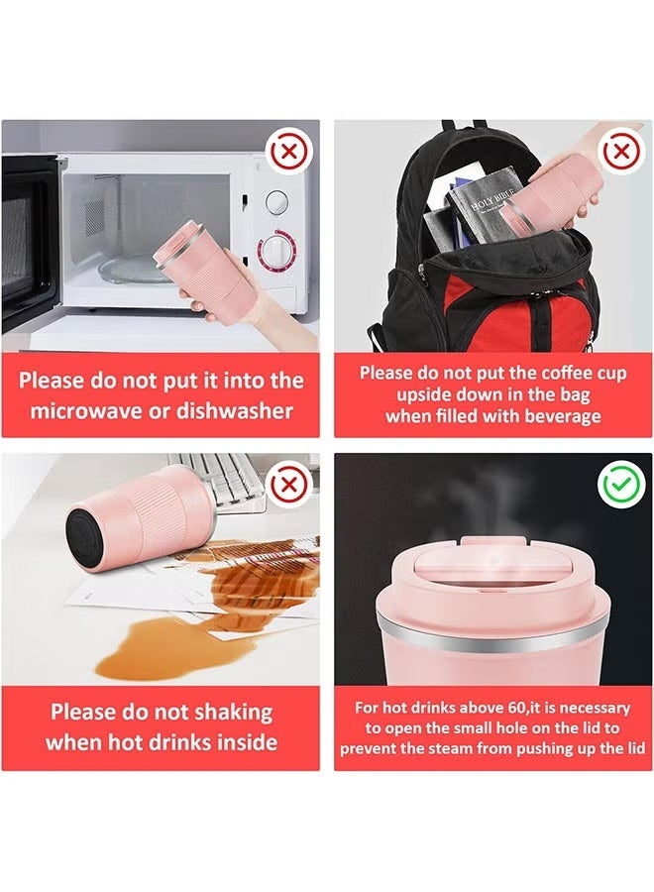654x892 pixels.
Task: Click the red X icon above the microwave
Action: (288, 153)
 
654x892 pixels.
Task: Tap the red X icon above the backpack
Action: (620, 153)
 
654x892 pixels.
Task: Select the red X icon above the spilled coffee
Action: (288, 485)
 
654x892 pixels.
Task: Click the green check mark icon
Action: (620, 485)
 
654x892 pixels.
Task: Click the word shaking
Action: (223, 712)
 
